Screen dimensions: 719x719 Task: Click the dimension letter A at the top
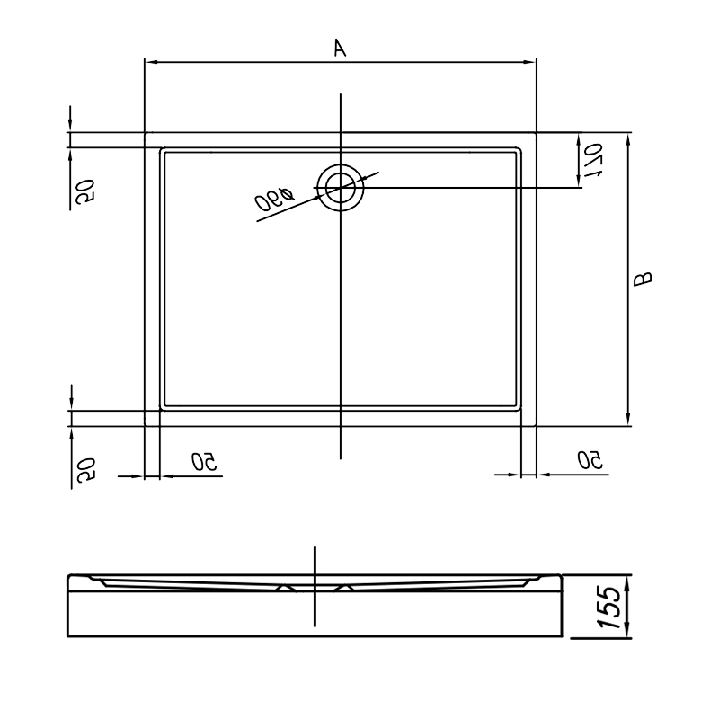pos(340,49)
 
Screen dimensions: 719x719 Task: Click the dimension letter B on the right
pos(643,279)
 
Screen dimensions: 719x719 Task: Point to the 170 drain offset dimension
pos(594,160)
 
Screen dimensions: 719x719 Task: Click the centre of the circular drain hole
pos(341,188)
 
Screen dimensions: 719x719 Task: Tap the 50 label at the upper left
pos(85,191)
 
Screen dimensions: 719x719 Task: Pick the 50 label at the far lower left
pos(86,469)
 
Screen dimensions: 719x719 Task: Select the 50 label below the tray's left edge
pos(204,461)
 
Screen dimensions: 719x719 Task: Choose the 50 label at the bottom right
pos(590,460)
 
